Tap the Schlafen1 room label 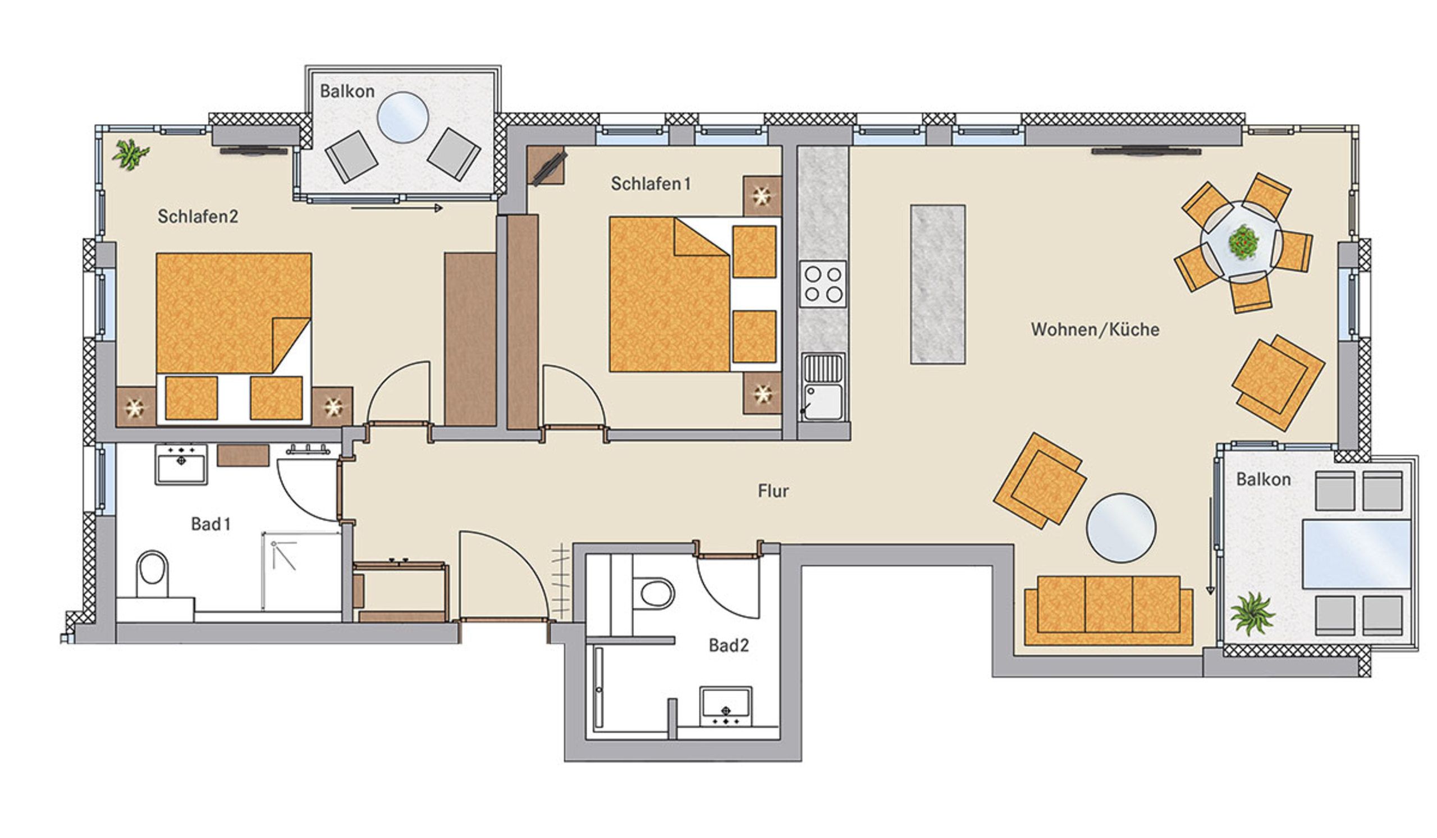pyautogui.click(x=651, y=184)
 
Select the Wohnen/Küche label pyautogui.click(x=1095, y=329)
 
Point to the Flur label pyautogui.click(x=774, y=491)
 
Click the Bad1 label pyautogui.click(x=211, y=524)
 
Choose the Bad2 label pyautogui.click(x=728, y=645)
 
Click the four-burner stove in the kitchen pyautogui.click(x=823, y=284)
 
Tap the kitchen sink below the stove pyautogui.click(x=823, y=387)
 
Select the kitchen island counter pyautogui.click(x=937, y=284)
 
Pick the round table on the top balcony pyautogui.click(x=402, y=117)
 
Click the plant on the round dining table pyautogui.click(x=1243, y=242)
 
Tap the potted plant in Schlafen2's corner pyautogui.click(x=131, y=154)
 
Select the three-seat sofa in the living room pyautogui.click(x=1109, y=611)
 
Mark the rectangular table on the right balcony pyautogui.click(x=1357, y=554)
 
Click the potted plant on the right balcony pyautogui.click(x=1252, y=613)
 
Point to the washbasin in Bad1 pyautogui.click(x=181, y=464)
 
